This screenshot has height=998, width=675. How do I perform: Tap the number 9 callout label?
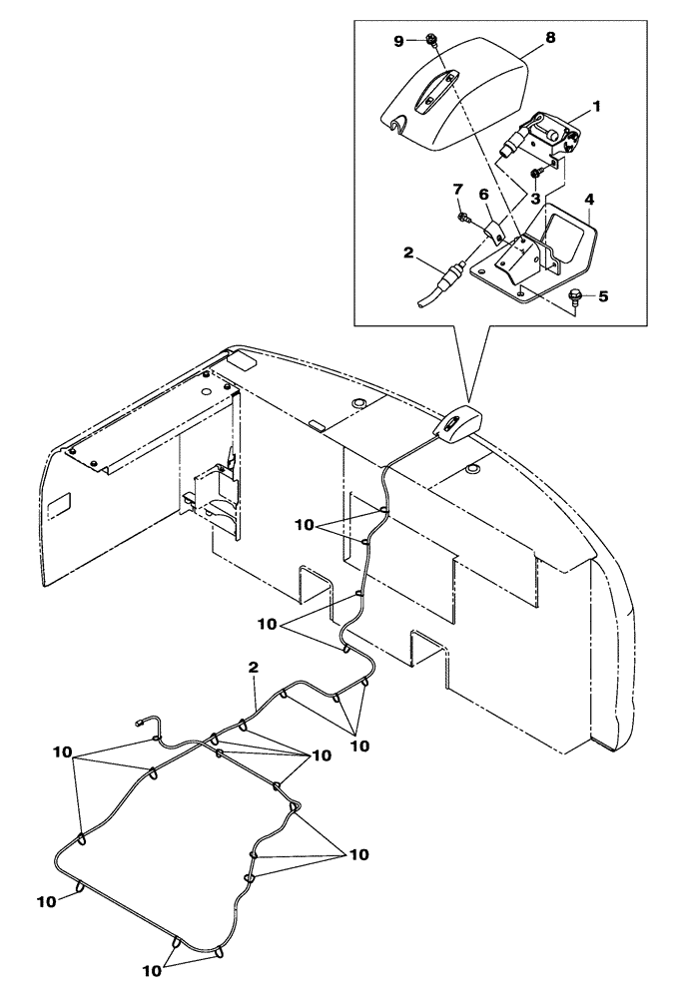point(399,41)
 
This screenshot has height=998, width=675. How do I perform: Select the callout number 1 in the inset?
point(598,105)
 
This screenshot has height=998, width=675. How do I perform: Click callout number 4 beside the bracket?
point(590,200)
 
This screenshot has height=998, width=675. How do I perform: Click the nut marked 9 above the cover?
point(430,40)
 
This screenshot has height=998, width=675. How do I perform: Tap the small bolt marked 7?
point(463,217)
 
